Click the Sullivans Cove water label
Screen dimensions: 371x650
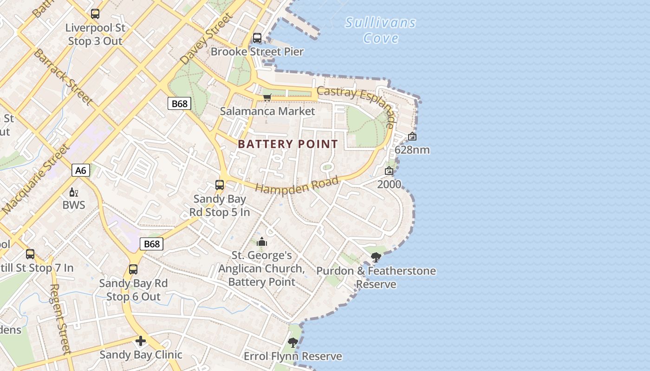380,30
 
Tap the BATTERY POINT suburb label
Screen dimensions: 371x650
288,144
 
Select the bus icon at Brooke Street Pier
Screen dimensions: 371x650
257,38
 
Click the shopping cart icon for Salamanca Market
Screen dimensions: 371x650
267,97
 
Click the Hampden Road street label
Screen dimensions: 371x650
297,185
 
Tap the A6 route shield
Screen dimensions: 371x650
81,170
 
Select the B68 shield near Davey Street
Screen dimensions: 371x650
179,103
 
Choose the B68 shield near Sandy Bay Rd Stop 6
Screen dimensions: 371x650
152,244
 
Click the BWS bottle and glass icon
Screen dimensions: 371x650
73,192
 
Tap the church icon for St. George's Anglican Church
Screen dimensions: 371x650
262,242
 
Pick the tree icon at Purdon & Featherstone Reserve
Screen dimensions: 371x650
376,257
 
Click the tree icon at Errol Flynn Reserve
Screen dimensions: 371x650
292,342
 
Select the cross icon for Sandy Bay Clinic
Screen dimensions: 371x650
140,341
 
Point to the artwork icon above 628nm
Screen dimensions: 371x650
412,136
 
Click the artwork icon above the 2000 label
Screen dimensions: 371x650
389,171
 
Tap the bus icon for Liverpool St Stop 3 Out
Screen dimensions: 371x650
95,14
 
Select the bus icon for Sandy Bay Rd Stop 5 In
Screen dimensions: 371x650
220,185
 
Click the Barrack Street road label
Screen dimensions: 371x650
63,76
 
